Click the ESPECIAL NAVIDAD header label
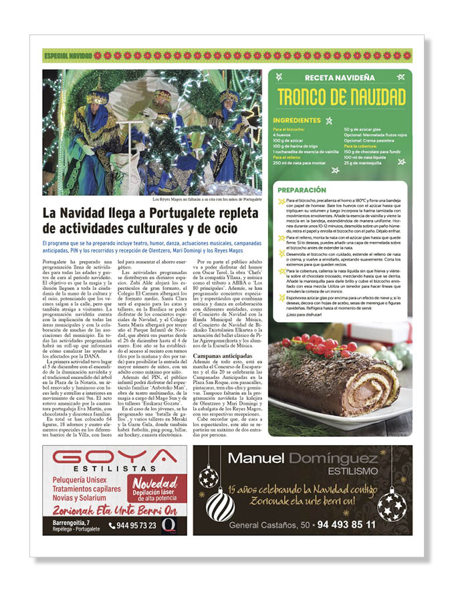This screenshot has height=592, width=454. point(68,55)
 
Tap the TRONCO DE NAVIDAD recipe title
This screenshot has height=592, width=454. point(341,96)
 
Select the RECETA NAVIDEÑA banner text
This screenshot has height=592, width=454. point(340,78)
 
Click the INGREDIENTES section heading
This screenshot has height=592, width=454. point(297,120)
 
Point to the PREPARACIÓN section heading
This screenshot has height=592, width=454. point(302,190)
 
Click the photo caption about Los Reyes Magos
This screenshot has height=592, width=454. point(207,199)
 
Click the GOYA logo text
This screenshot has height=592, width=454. point(114,459)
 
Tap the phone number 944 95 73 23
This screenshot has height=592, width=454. point(137,526)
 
